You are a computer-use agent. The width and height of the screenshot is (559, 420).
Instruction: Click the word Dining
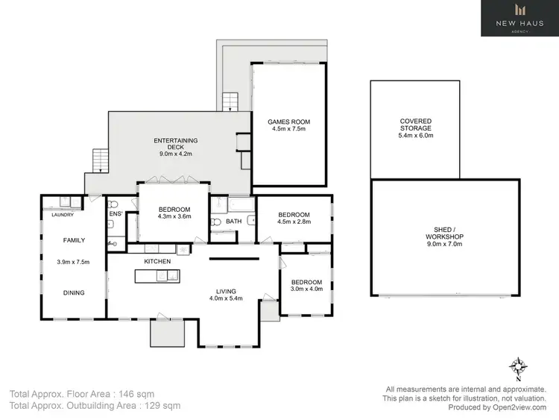tap(72, 292)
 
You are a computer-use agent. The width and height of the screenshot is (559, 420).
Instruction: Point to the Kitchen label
tap(157, 262)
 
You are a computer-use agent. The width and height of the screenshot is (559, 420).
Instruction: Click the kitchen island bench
tap(157, 277)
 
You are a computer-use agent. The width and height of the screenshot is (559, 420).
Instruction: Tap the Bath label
tap(233, 222)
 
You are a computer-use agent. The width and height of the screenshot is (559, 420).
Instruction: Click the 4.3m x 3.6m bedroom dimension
tap(174, 217)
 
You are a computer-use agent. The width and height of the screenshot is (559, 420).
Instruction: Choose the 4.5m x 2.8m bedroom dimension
tap(293, 221)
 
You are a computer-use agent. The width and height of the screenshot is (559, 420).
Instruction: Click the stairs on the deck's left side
tap(99, 160)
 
